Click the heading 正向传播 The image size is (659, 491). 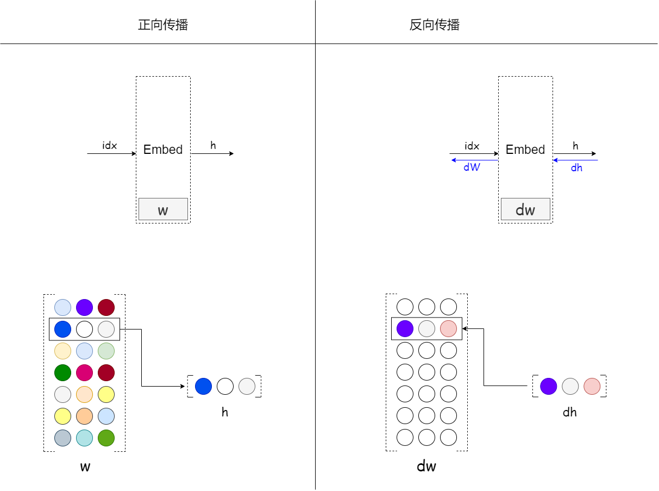(163, 25)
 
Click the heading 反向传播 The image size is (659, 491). (435, 25)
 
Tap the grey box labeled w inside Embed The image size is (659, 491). (163, 209)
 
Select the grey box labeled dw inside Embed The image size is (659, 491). (525, 209)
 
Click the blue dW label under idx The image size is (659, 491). (472, 168)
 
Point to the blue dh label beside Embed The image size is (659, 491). (576, 168)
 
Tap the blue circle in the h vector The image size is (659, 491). (203, 386)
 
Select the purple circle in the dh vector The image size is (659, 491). (549, 386)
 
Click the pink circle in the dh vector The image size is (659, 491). (592, 386)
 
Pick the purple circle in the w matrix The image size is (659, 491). (84, 307)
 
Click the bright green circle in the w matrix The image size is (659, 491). (63, 372)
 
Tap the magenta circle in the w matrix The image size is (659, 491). (84, 372)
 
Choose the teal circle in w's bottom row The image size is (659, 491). (84, 438)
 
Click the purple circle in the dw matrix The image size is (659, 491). (405, 328)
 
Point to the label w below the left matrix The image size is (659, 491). (85, 467)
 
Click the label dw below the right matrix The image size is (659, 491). (426, 467)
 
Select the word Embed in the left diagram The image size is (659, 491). (163, 150)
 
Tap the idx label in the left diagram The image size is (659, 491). (110, 146)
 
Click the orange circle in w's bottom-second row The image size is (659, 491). (84, 416)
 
